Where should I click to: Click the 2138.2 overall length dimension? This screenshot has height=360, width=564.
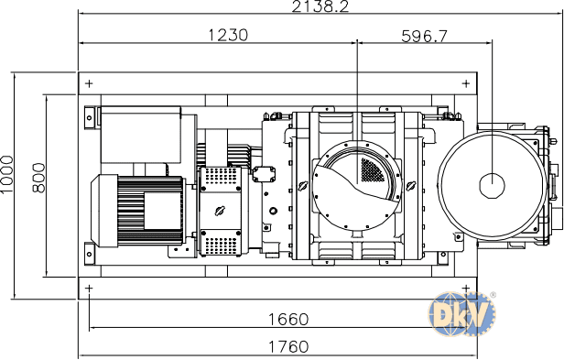(x=320, y=6)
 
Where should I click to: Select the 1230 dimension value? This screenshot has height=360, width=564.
(x=228, y=35)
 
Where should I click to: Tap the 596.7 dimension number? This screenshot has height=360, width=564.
(x=425, y=36)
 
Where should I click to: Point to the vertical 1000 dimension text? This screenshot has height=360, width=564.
(x=6, y=174)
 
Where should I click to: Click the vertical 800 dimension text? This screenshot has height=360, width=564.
(x=39, y=178)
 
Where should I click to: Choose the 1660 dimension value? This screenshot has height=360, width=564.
(x=288, y=320)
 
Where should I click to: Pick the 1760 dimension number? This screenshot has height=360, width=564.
(x=288, y=346)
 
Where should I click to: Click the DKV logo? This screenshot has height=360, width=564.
(x=461, y=314)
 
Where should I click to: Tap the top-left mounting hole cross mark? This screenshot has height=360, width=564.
(x=89, y=84)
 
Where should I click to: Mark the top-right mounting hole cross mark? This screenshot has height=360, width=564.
(x=466, y=84)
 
